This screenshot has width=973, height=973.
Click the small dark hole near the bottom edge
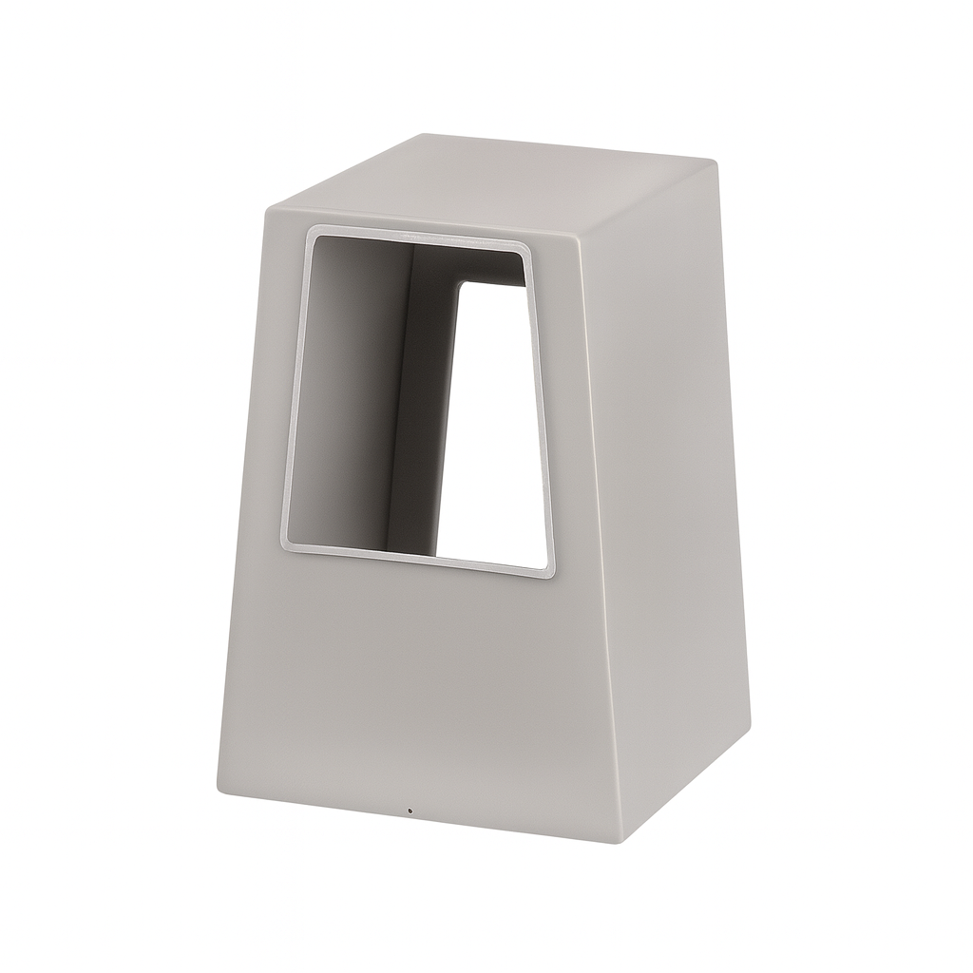[410, 811]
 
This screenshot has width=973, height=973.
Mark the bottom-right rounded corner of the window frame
[544, 571]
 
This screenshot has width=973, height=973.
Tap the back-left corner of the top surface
[425, 135]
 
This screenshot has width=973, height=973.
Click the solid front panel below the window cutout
[409, 684]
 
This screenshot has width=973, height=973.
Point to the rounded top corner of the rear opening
[463, 283]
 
